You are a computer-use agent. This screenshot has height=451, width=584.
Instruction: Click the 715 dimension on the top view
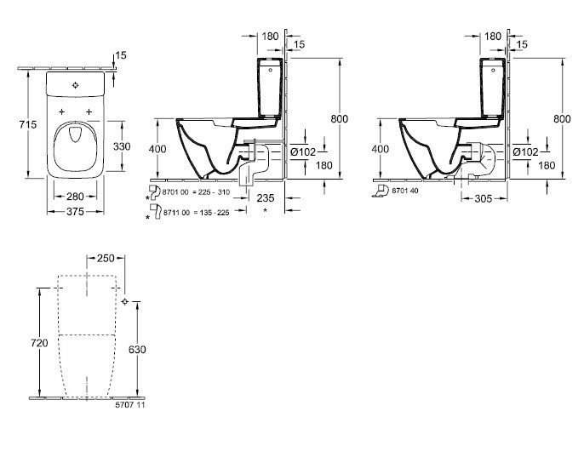coord(28,124)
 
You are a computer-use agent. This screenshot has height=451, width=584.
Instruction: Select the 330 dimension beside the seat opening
coord(122,146)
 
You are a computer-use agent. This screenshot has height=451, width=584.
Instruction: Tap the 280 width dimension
coord(75,197)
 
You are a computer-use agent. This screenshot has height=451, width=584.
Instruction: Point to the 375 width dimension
coord(75,212)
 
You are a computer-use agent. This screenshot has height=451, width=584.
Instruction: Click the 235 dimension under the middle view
coord(266,197)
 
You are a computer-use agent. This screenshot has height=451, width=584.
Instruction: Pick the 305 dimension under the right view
coord(484,199)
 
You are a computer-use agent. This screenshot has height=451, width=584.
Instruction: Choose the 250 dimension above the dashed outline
coord(106,258)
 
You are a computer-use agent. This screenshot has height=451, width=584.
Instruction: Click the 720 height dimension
coord(39,343)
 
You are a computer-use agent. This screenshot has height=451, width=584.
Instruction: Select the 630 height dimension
coord(137,350)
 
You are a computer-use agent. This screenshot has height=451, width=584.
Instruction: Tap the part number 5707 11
coord(130,404)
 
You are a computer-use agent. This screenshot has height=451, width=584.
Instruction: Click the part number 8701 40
coord(405,191)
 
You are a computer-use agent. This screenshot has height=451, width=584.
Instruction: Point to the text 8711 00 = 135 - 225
coord(196,213)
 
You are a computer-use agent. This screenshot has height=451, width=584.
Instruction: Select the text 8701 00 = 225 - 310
coord(197,192)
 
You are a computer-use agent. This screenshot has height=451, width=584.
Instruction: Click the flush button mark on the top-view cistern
coord(76,85)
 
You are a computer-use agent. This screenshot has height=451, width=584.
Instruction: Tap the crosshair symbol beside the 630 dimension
coord(125,301)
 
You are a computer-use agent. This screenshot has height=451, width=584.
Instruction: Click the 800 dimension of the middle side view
coord(340,119)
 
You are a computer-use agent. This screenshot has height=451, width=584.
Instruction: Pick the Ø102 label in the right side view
coord(525,152)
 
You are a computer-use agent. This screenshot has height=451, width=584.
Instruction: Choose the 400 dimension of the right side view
coord(381,149)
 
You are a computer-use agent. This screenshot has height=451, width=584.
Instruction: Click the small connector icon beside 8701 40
coord(381,191)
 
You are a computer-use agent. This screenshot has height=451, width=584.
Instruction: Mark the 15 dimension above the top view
coord(121,55)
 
